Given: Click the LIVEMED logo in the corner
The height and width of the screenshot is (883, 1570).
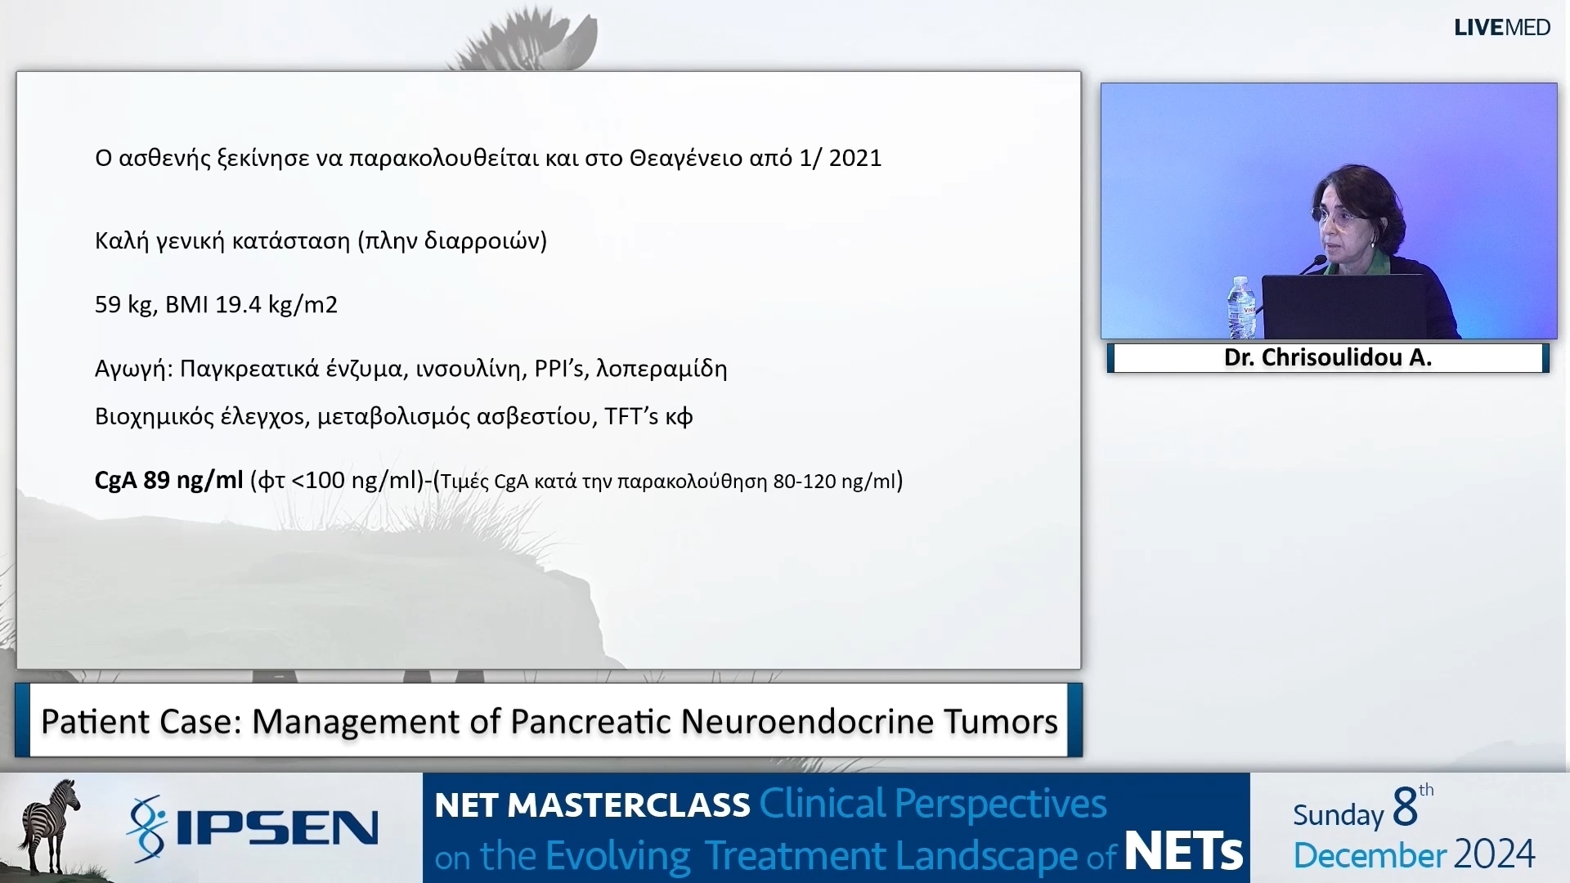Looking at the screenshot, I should [x=1501, y=27].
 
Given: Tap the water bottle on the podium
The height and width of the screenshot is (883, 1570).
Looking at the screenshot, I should [x=1240, y=308].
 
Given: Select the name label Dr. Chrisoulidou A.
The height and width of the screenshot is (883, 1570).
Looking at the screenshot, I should [x=1327, y=358].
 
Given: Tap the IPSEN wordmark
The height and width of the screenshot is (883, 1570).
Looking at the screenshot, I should [x=276, y=828].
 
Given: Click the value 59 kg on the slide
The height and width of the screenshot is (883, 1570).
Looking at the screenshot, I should [x=124, y=305].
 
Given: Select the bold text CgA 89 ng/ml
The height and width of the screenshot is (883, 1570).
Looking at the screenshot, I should [x=169, y=480].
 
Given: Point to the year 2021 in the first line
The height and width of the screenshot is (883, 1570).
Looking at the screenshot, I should [x=855, y=158].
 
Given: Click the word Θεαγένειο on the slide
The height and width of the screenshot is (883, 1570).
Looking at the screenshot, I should [x=685, y=158].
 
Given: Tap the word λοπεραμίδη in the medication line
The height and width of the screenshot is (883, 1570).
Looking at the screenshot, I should [x=662, y=369].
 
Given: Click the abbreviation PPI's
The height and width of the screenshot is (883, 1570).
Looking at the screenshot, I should [x=559, y=369].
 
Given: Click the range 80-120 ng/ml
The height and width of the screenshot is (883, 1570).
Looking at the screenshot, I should [x=833, y=482].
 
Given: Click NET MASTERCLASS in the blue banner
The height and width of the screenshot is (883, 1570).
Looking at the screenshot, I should [x=592, y=805].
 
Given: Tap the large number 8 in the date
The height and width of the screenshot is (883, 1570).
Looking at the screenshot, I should [x=1404, y=808].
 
